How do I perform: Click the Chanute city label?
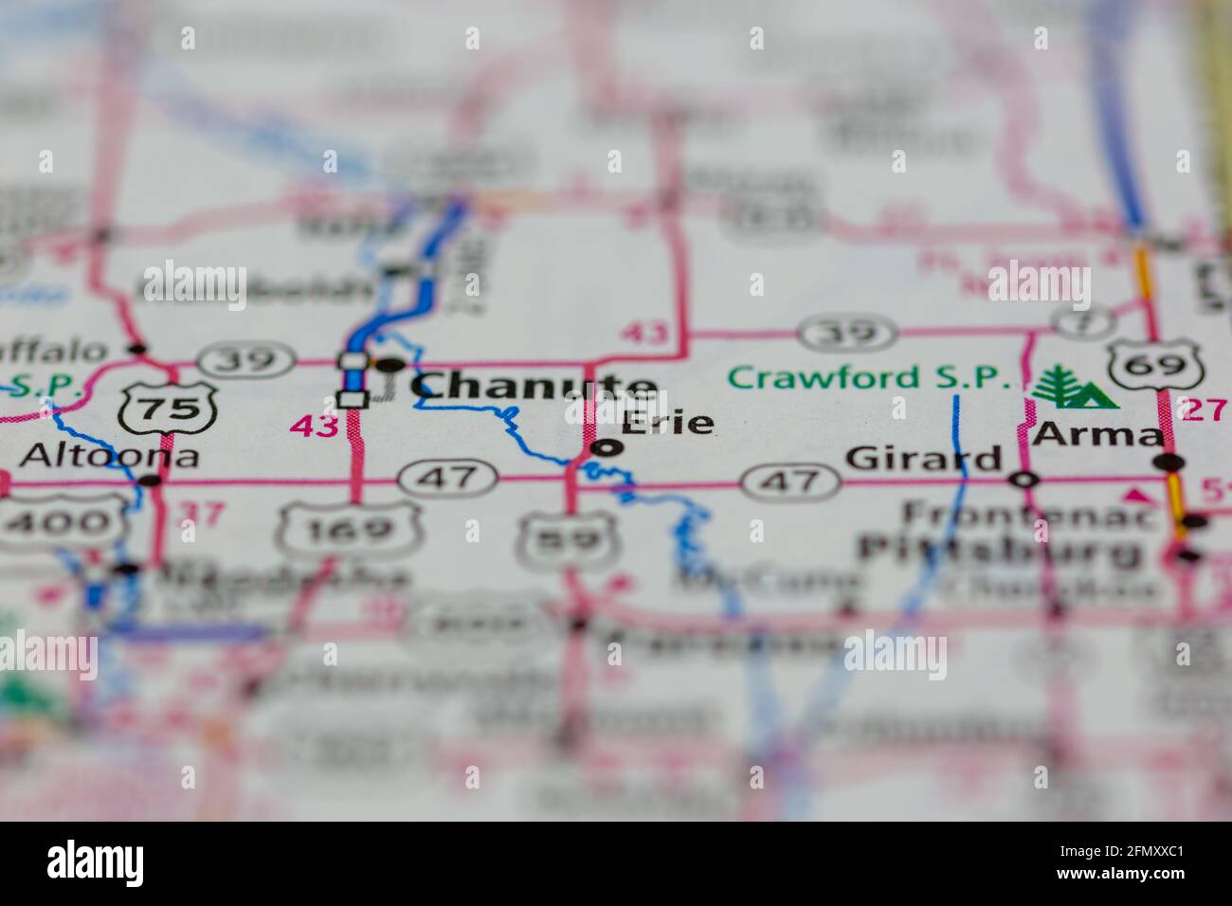point(534,386)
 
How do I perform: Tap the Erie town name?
point(667,422)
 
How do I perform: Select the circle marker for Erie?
point(607,448)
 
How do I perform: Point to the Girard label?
point(923,460)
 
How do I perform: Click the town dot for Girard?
point(1024,480)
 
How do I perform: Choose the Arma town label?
point(1098,434)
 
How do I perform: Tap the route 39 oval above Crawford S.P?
point(847,333)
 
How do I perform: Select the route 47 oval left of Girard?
point(790,481)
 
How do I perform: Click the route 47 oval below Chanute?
point(448,477)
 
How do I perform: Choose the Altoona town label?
point(109,456)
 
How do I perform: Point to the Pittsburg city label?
point(1000,550)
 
